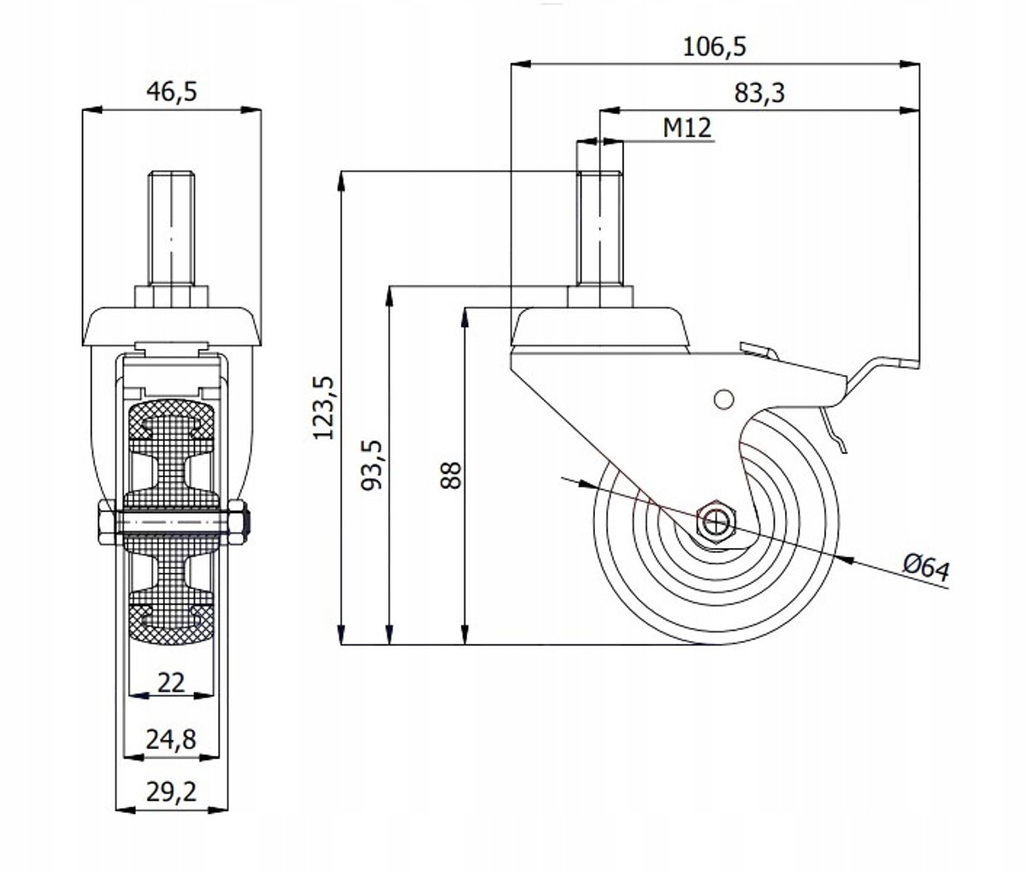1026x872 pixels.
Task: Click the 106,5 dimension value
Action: point(714,47)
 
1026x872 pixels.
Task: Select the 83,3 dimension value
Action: point(759,93)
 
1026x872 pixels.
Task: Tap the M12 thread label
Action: point(687,128)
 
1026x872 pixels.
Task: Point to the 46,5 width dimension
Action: point(172,91)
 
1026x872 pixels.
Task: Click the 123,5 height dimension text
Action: point(324,408)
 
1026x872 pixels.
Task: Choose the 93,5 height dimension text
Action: point(372,465)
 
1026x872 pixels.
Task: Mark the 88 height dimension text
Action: point(451,475)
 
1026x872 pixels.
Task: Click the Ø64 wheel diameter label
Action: point(926,567)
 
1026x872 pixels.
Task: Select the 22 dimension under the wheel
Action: point(171,682)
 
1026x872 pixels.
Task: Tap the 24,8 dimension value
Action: point(171,739)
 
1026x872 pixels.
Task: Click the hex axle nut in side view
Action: point(716,521)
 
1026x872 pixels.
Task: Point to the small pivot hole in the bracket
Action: point(723,399)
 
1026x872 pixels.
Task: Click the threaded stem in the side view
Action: point(599,227)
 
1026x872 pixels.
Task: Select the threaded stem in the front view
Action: point(172,227)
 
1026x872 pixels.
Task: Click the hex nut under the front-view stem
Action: point(172,297)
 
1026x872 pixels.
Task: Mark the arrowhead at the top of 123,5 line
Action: point(341,181)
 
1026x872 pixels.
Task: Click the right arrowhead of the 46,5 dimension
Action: point(251,109)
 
